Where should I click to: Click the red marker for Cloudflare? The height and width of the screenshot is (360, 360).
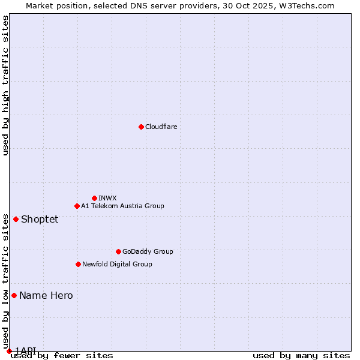pyautogui.click(x=141, y=127)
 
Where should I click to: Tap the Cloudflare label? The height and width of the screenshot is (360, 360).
pyautogui.click(x=161, y=127)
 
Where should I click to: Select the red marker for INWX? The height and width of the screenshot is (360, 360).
pyautogui.click(x=94, y=198)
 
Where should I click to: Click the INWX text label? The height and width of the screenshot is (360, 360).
pyautogui.click(x=107, y=198)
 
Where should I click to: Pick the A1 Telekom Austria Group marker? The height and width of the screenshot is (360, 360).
pyautogui.click(x=77, y=206)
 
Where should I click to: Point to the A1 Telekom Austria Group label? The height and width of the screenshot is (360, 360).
pyautogui.click(x=122, y=206)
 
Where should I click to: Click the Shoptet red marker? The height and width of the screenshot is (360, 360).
pyautogui.click(x=16, y=219)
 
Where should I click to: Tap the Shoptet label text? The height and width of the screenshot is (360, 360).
pyautogui.click(x=40, y=219)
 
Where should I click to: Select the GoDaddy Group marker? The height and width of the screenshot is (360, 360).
pyautogui.click(x=118, y=251)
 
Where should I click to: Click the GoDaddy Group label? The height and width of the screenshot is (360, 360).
pyautogui.click(x=148, y=251)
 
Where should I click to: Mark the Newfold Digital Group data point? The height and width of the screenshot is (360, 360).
pyautogui.click(x=78, y=264)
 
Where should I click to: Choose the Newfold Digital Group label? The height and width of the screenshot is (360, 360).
pyautogui.click(x=117, y=264)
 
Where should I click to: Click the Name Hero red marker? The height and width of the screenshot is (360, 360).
pyautogui.click(x=14, y=295)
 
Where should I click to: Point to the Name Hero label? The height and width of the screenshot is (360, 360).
pyautogui.click(x=46, y=295)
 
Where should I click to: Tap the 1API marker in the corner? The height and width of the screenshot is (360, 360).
pyautogui.click(x=9, y=351)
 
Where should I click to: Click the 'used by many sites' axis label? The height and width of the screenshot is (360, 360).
pyautogui.click(x=301, y=356)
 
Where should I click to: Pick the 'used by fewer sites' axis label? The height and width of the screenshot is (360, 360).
pyautogui.click(x=62, y=356)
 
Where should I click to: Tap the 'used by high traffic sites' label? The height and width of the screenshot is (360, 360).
pyautogui.click(x=5, y=85)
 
